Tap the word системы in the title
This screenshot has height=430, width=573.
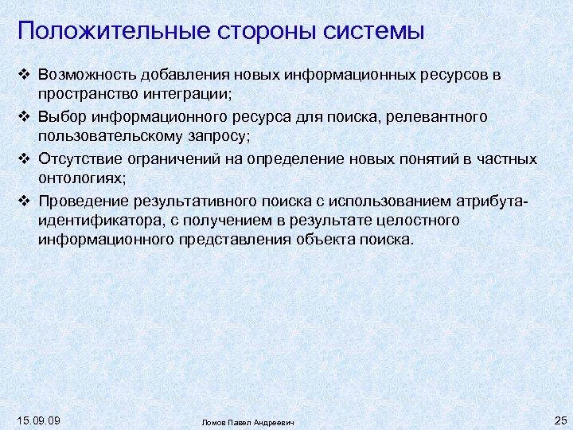tap(374, 32)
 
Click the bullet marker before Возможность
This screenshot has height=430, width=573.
tap(23, 75)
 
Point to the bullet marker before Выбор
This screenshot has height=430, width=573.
tap(23, 117)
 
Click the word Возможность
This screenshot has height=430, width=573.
tap(87, 75)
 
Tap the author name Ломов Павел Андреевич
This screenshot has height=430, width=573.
tap(248, 422)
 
